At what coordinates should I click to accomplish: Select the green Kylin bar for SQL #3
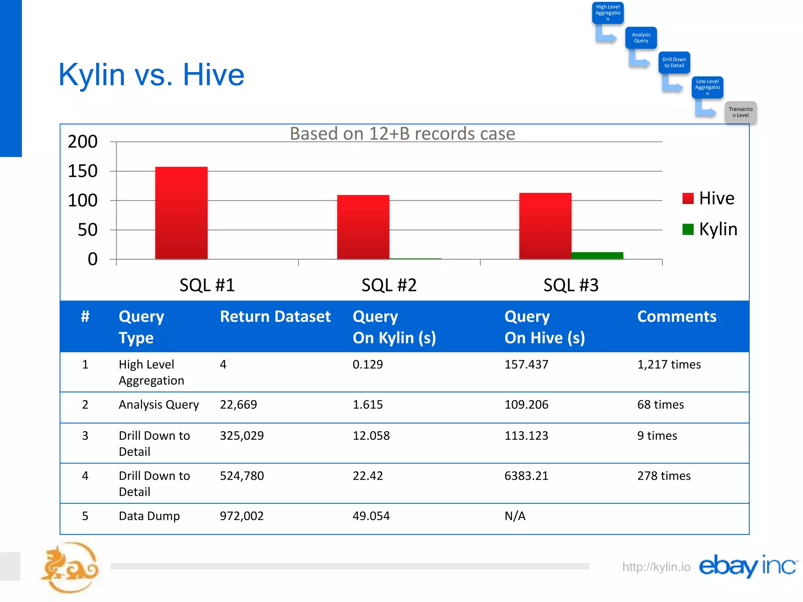(x=597, y=256)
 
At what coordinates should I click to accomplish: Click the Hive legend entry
(x=708, y=198)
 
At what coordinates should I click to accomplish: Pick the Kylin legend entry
(x=710, y=229)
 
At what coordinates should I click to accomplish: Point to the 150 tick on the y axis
(x=83, y=171)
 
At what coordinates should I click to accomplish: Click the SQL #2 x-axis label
(x=389, y=285)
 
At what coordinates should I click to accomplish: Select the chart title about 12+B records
(x=402, y=134)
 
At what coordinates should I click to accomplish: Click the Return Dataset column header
(x=275, y=317)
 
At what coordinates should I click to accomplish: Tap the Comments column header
(x=676, y=317)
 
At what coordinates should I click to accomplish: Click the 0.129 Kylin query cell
(x=367, y=364)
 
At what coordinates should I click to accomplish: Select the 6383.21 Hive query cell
(x=526, y=476)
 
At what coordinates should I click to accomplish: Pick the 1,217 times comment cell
(x=669, y=364)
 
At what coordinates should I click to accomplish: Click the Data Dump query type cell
(x=149, y=516)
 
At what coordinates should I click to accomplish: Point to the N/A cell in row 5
(x=515, y=516)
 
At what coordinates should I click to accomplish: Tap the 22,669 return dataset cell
(x=238, y=404)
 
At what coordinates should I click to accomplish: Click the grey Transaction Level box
(x=740, y=112)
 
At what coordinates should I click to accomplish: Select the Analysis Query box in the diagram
(x=641, y=38)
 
